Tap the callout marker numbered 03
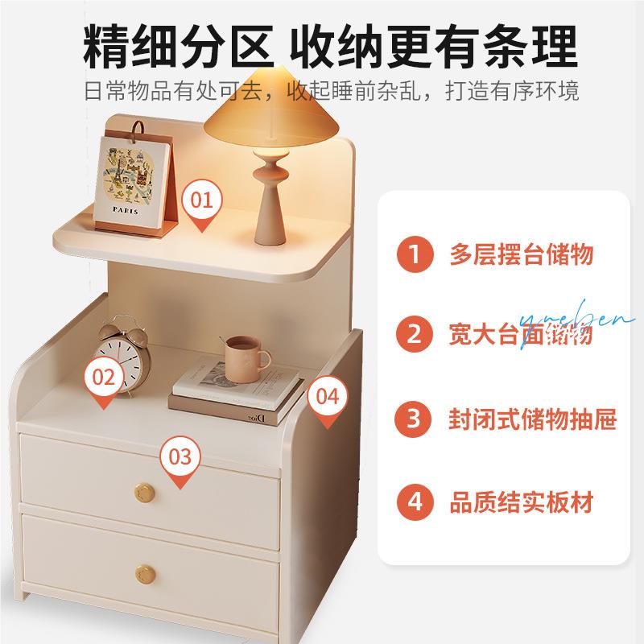pos(180,458)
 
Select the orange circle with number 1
pos(414,255)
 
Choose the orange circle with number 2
pos(414,333)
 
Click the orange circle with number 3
pos(414,419)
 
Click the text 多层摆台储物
pos(521,255)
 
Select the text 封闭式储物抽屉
pos(532,419)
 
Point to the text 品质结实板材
pos(521,502)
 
